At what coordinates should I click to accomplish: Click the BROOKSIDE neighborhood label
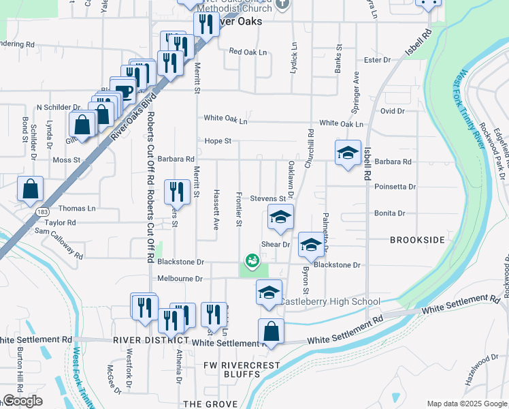coord(417,240)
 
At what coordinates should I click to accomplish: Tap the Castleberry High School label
coord(331,301)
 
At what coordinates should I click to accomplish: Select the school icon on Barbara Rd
coord(348,153)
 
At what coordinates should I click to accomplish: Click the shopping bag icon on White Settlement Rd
coord(271,332)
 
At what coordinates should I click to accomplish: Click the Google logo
coord(22,401)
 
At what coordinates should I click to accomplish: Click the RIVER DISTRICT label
coord(151,339)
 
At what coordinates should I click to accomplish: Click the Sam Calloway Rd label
coord(59,243)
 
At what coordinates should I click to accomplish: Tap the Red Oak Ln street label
coord(246,51)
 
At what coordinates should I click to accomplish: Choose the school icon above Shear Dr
coord(279,217)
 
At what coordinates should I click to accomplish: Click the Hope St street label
coord(218,141)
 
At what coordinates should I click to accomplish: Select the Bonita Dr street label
coord(389,213)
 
